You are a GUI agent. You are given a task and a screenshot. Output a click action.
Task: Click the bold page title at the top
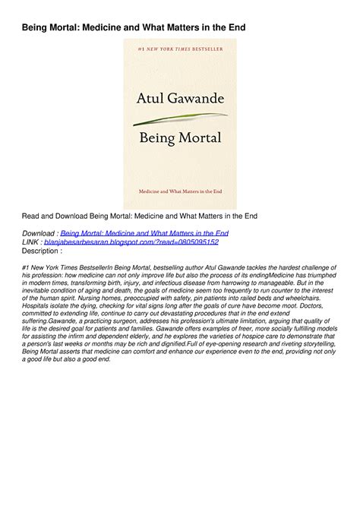pyautogui.click(x=133, y=27)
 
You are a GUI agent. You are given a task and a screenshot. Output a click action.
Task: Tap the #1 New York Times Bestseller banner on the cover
pyautogui.click(x=179, y=49)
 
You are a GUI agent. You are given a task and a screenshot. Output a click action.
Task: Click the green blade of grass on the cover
pyautogui.click(x=179, y=119)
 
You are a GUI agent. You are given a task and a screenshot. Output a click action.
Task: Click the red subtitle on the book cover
pyautogui.click(x=179, y=195)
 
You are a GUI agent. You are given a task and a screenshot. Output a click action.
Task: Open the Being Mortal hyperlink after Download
pyautogui.click(x=144, y=233)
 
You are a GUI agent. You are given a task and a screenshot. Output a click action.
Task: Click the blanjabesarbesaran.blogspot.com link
pyautogui.click(x=131, y=242)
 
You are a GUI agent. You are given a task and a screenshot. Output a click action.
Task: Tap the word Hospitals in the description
pyautogui.click(x=39, y=308)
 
